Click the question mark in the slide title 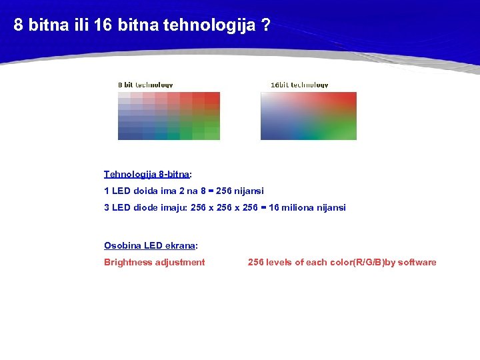coord(265,26)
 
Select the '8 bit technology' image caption coord(145,85)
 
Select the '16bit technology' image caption coord(299,85)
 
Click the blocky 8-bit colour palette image coord(169,116)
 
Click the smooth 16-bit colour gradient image coord(308,116)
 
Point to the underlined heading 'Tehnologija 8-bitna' coord(147,175)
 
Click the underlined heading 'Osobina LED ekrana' coord(150,245)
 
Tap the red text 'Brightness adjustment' coord(155,263)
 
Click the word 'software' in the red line coord(417,263)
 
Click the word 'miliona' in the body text coord(297,208)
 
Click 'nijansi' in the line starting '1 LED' coord(249,191)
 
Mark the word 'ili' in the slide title coord(78,26)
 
